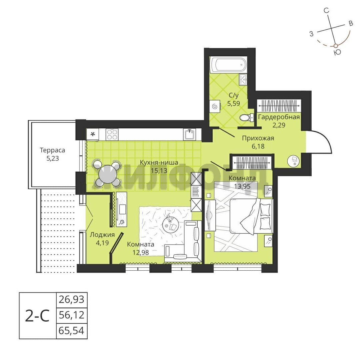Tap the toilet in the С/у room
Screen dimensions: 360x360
[x=246, y=118]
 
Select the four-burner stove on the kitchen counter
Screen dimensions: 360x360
[x=112, y=134]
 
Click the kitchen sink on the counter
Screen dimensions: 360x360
[x=189, y=134]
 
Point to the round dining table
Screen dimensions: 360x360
[x=107, y=174]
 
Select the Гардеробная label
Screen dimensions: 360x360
[x=279, y=117]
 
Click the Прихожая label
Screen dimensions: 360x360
[x=258, y=138]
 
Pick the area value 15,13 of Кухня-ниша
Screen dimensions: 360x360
[x=159, y=171]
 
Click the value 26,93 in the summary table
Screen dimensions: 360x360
[x=72, y=300]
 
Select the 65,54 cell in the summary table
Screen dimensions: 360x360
[x=72, y=331]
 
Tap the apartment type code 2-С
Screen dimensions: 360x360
[x=37, y=316]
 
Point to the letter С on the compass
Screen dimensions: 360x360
[x=326, y=11]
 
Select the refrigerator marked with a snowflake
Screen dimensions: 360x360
[x=93, y=134]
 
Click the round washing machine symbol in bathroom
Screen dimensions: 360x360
[x=215, y=106]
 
